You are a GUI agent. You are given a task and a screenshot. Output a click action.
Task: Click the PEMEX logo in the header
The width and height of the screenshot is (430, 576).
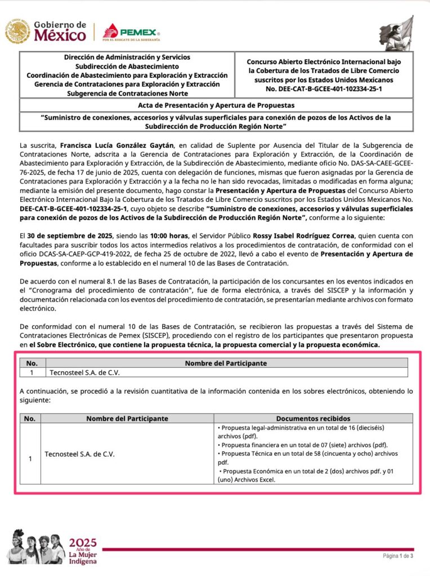point(132,31)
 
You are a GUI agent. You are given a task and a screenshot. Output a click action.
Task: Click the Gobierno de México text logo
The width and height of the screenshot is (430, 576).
point(60,31)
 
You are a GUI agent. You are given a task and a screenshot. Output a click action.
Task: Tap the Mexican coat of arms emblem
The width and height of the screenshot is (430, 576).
point(17,31)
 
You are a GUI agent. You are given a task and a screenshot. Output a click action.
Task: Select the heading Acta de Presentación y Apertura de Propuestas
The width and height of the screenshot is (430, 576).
point(216,105)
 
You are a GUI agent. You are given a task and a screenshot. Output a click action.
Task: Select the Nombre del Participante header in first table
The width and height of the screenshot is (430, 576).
point(226,363)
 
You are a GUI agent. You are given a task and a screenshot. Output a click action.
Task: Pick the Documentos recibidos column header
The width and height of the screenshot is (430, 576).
point(313,418)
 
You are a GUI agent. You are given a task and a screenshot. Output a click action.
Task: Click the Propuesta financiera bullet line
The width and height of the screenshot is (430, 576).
point(303,444)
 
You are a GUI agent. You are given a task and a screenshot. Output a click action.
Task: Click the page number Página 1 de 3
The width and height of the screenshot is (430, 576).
point(398,556)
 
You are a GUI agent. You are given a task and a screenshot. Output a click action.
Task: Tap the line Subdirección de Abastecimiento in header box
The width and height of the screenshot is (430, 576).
point(127,66)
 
